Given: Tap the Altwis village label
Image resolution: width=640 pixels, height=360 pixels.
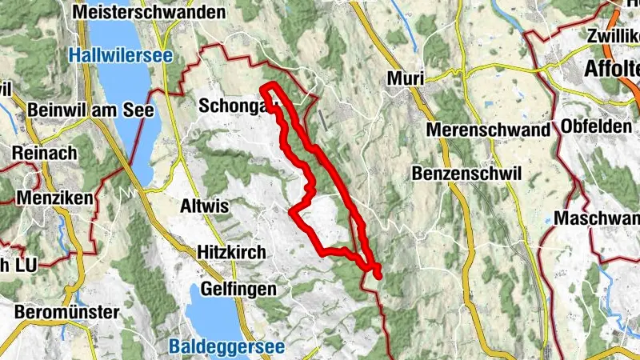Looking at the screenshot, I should [206, 206].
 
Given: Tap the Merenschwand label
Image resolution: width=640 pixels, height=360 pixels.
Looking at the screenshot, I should [488, 130].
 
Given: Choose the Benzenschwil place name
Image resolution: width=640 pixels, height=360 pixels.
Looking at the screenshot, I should [466, 173].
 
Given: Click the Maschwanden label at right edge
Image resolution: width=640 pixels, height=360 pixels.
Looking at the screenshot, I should [597, 218].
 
